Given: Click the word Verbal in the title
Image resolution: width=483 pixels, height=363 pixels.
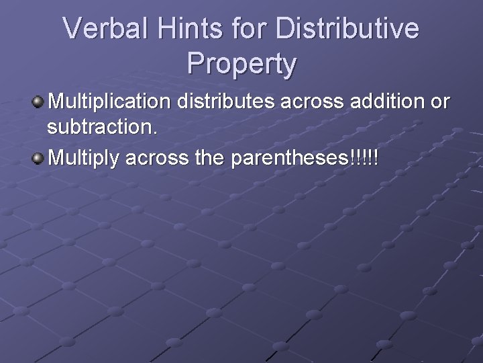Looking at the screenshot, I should [x=107, y=30].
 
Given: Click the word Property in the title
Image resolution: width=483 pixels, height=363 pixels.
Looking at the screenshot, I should [x=241, y=64].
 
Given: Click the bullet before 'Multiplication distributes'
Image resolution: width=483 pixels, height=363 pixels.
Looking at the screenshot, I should [x=39, y=102].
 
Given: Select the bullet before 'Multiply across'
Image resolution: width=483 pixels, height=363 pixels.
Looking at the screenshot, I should [x=39, y=159].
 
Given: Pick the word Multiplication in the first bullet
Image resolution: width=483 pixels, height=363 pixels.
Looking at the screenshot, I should [x=110, y=102].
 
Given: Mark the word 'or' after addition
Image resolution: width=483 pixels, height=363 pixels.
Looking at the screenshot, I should [x=441, y=103].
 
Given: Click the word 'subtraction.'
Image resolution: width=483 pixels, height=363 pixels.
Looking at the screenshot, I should [x=103, y=128].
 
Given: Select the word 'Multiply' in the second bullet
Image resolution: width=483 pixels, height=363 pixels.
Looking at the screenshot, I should [x=83, y=159].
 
